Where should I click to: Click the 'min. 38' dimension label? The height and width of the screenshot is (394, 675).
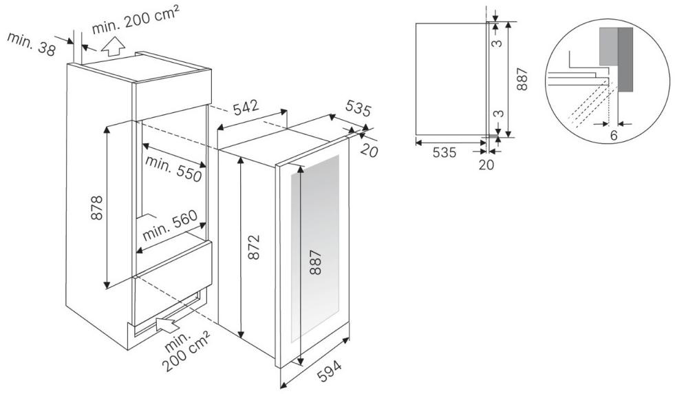pyautogui.click(x=32, y=44)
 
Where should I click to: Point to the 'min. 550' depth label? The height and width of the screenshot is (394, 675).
pyautogui.click(x=174, y=168)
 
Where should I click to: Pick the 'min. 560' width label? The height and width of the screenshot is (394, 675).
pyautogui.click(x=170, y=225)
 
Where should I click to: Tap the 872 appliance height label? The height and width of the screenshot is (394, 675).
pyautogui.click(x=254, y=247)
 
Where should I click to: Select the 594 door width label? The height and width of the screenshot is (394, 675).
pyautogui.click(x=330, y=371)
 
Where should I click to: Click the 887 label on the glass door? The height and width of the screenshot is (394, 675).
pyautogui.click(x=316, y=262)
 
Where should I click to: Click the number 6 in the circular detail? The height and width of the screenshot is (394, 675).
pyautogui.click(x=614, y=135)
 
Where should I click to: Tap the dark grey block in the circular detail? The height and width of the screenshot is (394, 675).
pyautogui.click(x=625, y=60)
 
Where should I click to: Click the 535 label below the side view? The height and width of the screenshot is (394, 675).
pyautogui.click(x=444, y=152)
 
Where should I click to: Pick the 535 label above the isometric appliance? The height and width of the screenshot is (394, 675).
pyautogui.click(x=358, y=109)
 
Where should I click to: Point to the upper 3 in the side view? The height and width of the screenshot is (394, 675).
pyautogui.click(x=497, y=43)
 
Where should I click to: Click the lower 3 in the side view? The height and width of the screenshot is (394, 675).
pyautogui.click(x=497, y=114)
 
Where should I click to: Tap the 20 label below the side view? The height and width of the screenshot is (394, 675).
pyautogui.click(x=486, y=164)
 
